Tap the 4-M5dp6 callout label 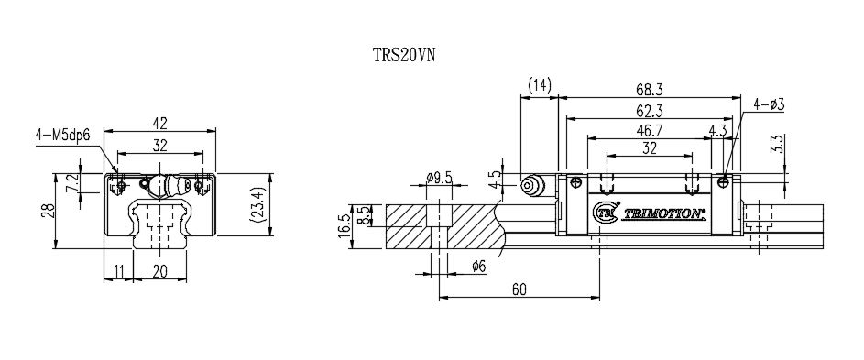pos(63,136)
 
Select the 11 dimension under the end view pos(118,271)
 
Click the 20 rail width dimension pos(161,271)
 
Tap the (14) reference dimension pos(539,85)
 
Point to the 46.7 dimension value pos(651,131)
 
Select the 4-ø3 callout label pos(768,104)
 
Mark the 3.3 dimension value pos(777,144)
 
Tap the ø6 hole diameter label pos(476,267)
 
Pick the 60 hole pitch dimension pos(519,289)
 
